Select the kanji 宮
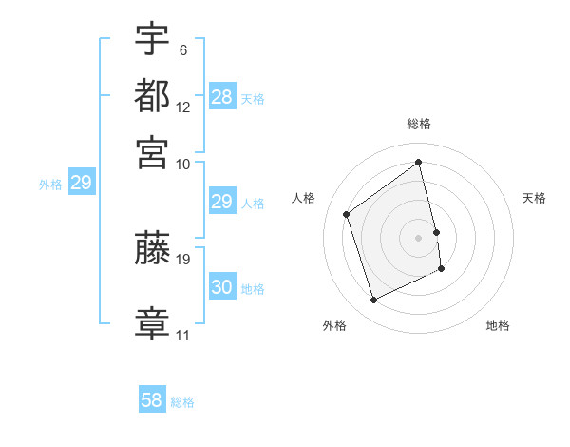click(152, 152)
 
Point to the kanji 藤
click(152, 249)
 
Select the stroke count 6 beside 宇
click(182, 49)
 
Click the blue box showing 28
click(222, 96)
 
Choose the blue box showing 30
click(222, 287)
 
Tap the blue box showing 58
click(152, 400)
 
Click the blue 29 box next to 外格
click(81, 183)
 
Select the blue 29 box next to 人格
click(222, 202)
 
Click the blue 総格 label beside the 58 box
click(182, 402)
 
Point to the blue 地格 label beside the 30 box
click(253, 289)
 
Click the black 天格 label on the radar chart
click(535, 198)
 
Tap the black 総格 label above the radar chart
click(419, 125)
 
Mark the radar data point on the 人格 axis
click(347, 214)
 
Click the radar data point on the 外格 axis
click(373, 301)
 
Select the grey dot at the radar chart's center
click(419, 237)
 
